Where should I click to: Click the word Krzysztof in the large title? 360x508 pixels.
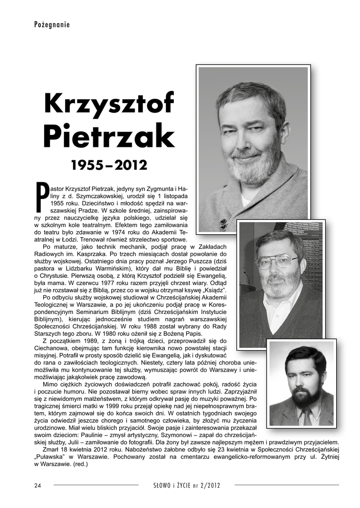109,103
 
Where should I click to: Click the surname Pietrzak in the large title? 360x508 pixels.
109,135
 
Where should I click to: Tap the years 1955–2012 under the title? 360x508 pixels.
110,164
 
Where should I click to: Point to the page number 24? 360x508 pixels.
38,485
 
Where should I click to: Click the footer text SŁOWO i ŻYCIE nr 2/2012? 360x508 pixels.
187,485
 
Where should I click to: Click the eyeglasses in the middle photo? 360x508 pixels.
277,260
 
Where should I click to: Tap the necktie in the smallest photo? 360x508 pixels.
307,416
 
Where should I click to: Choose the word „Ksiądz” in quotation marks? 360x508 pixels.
213,289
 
